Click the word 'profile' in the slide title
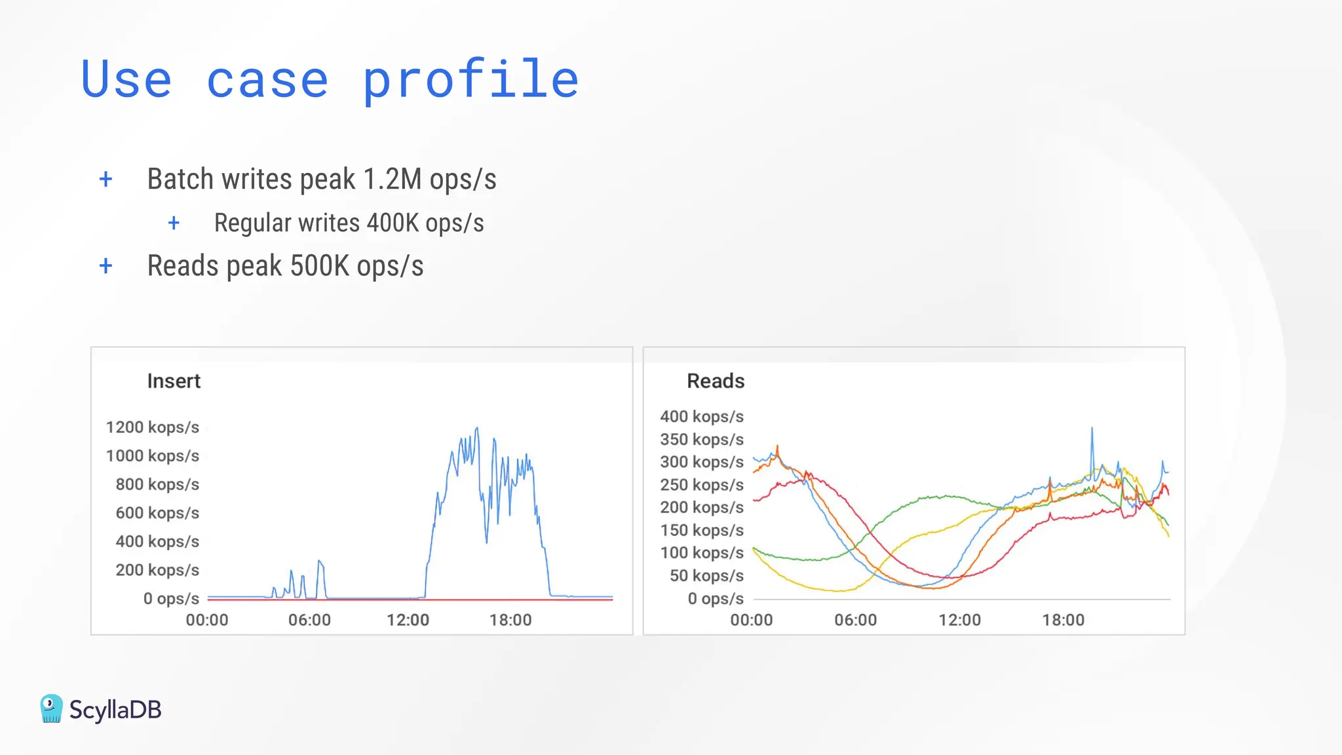[470, 80]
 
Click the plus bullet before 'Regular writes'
[174, 223]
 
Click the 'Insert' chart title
[174, 381]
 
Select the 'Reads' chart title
[716, 381]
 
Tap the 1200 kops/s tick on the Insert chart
[152, 427]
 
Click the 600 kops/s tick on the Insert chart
[157, 513]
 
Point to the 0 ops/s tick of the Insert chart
[171, 598]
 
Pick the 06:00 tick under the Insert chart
[309, 620]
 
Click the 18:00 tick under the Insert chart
[510, 620]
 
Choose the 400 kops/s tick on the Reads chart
[702, 417]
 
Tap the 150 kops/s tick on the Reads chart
[702, 530]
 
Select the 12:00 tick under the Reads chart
[959, 620]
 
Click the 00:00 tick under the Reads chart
[752, 620]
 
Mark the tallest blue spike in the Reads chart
[1092, 429]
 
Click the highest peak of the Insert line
[477, 429]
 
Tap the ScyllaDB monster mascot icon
[51, 709]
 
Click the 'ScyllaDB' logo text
[115, 710]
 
